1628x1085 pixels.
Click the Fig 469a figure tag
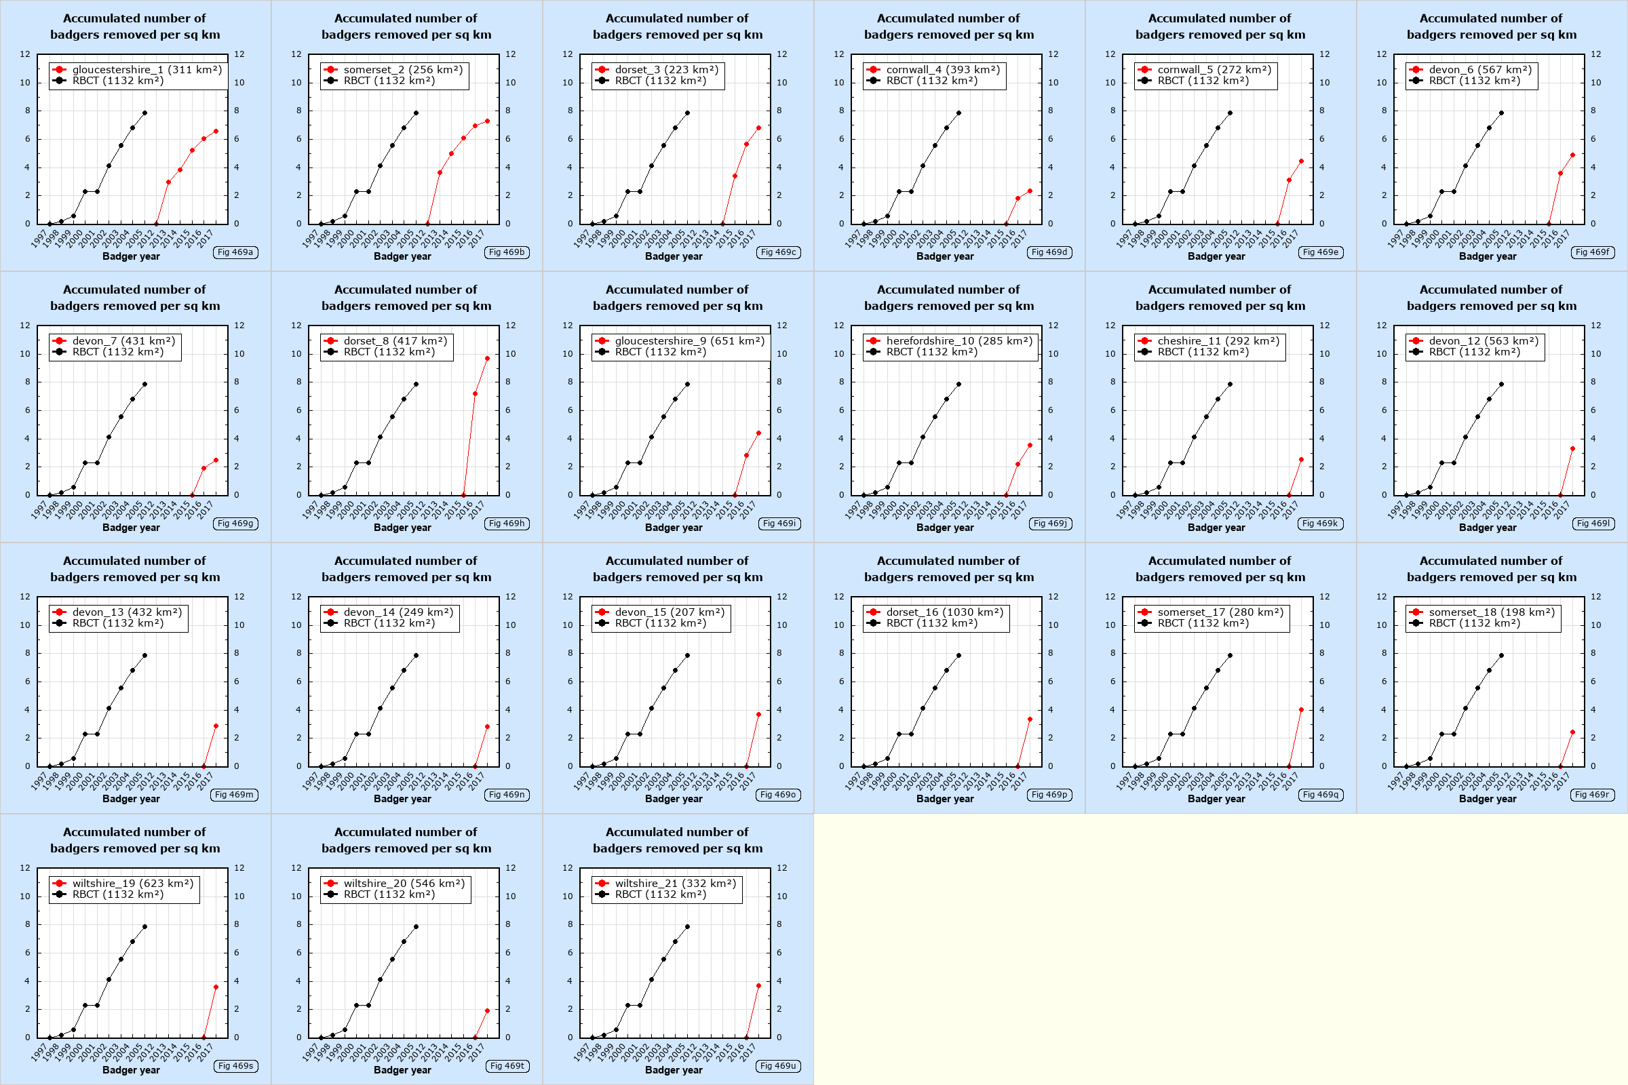(x=235, y=252)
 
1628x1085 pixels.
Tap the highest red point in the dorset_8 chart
(x=487, y=359)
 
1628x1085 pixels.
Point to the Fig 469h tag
(x=507, y=524)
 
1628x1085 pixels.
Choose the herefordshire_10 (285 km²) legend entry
(x=958, y=341)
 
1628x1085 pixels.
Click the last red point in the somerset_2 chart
(x=487, y=121)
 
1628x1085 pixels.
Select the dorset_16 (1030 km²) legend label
(x=944, y=612)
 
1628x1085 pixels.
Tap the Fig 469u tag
(x=778, y=1066)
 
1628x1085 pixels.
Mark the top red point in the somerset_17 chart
(x=1301, y=710)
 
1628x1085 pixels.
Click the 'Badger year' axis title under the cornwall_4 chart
(x=945, y=257)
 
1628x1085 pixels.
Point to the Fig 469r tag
(x=1592, y=795)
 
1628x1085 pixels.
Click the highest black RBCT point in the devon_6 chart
(x=1501, y=113)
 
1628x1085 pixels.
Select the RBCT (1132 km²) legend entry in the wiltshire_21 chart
(x=660, y=894)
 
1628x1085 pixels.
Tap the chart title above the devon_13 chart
(x=135, y=569)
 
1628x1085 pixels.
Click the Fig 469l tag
(x=1593, y=524)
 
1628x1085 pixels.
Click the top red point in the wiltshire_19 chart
(x=216, y=987)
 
